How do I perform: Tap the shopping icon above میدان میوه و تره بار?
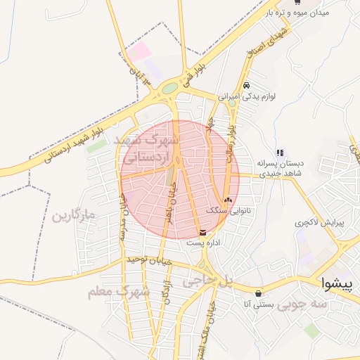[x=297, y=2]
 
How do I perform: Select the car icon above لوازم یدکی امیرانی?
[x=246, y=86]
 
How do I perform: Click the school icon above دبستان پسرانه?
[x=280, y=152]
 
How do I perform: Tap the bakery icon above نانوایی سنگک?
[x=227, y=200]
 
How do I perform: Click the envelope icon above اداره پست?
[x=203, y=232]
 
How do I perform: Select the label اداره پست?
[x=204, y=243]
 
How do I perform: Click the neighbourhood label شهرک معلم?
[x=118, y=291]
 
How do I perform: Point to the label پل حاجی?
[x=207, y=281]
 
